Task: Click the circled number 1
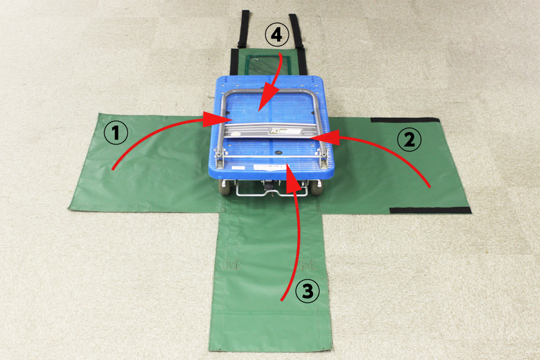pyautogui.click(x=116, y=132)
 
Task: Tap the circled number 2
pyautogui.click(x=409, y=140)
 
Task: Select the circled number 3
pyautogui.click(x=307, y=291)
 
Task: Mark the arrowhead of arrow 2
pyautogui.click(x=325, y=137)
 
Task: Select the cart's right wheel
pyautogui.click(x=316, y=187)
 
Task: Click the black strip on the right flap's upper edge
pyautogui.click(x=405, y=120)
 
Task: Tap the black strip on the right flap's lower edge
pyautogui.click(x=430, y=211)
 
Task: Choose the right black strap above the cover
pyautogui.click(x=296, y=31)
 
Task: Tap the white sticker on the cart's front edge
pyautogui.click(x=270, y=167)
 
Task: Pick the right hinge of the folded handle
pyautogui.click(x=323, y=156)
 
